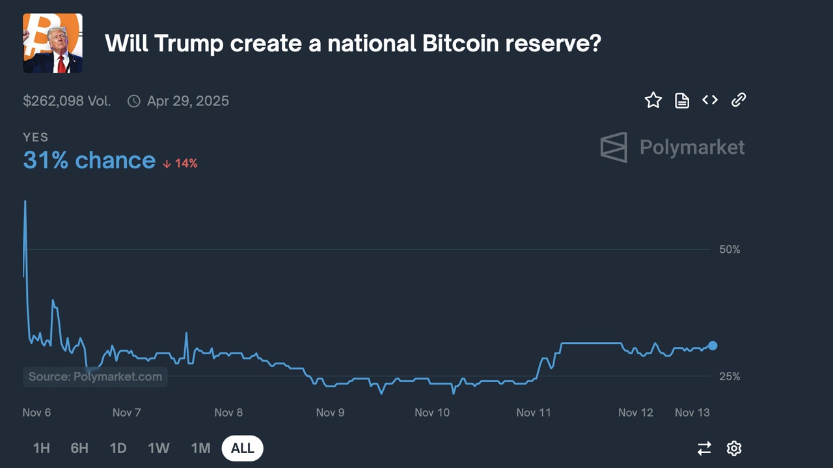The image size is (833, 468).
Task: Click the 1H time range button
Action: pos(41,448)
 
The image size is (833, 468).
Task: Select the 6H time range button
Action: pos(79,448)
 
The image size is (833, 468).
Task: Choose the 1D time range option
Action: pos(118,448)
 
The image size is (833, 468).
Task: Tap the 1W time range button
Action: pos(159,448)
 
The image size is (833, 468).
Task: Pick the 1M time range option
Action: pos(200,448)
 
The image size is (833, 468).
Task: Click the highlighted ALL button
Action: pos(243,448)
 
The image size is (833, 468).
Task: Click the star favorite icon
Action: pos(653,100)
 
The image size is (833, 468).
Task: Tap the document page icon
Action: pos(681,100)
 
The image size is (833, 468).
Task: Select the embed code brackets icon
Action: pos(710,100)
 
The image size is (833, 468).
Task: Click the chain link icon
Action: pos(738,100)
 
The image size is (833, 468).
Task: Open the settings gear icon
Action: pos(734,448)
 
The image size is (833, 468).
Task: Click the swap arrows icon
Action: pos(704,448)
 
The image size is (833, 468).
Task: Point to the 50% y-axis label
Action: pos(729,250)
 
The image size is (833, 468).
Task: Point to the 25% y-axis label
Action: pos(729,376)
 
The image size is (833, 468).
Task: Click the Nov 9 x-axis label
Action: pos(330,413)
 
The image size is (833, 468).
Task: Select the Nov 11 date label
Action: pos(534,413)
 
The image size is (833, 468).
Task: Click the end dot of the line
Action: pos(713,346)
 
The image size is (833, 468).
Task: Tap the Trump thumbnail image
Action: pos(53,43)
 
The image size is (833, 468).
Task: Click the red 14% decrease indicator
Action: pos(180,163)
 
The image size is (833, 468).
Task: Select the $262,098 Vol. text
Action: pos(67,101)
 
